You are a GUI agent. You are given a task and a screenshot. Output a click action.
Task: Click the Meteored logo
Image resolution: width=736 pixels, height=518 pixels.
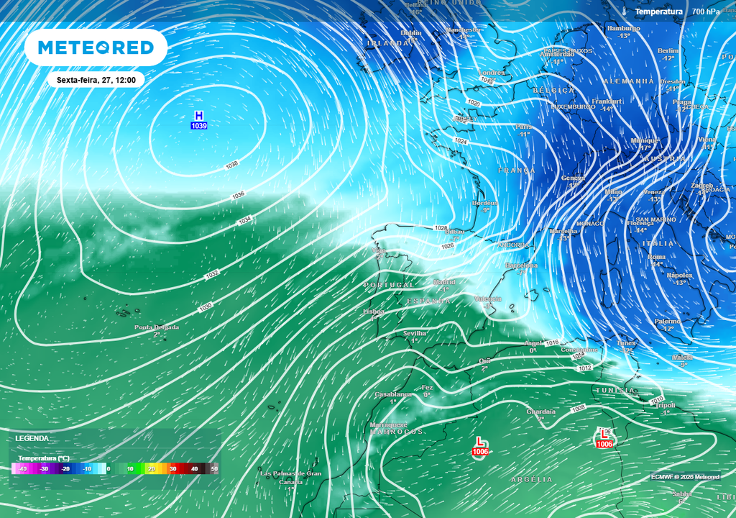96,47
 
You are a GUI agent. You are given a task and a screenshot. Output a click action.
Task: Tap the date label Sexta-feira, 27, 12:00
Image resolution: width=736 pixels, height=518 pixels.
96,80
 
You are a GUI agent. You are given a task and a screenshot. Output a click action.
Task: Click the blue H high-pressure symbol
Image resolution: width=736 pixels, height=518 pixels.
199,116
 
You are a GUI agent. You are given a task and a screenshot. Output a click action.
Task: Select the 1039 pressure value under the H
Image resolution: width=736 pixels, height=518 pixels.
199,127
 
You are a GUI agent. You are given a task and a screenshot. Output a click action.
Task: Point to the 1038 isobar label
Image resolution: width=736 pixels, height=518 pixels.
231,165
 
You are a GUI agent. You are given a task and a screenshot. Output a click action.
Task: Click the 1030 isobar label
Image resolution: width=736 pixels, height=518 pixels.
206,307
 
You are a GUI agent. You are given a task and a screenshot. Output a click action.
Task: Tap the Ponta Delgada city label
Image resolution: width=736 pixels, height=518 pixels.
157,327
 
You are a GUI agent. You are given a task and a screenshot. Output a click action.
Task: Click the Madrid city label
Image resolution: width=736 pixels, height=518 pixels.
445,282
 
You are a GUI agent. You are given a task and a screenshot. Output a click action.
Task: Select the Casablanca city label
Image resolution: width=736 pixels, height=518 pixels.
393,395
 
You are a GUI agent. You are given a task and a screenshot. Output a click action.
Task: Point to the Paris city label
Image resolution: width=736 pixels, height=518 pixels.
523,127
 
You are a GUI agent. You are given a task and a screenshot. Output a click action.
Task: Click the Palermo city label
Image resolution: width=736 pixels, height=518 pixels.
667,321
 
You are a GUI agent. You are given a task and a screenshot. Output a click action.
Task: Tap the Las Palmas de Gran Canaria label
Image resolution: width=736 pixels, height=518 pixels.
290,474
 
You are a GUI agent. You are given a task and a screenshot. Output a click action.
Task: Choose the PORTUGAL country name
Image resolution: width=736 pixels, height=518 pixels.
389,286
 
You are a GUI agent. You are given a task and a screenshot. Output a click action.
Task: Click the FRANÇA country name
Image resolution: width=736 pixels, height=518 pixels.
517,171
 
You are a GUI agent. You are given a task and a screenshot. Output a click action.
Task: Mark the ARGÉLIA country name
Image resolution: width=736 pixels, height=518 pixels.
532,479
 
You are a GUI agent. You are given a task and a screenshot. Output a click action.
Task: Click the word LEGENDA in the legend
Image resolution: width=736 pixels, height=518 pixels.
32,438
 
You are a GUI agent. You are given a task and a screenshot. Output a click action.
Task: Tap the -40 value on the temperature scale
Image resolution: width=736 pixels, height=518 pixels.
22,469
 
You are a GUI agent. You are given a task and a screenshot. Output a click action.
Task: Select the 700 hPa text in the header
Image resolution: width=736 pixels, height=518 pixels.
706,12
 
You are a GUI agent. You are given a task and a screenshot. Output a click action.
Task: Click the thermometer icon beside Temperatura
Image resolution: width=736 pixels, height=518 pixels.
625,12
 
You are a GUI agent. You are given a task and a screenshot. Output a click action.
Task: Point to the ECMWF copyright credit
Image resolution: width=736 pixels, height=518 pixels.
685,476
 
